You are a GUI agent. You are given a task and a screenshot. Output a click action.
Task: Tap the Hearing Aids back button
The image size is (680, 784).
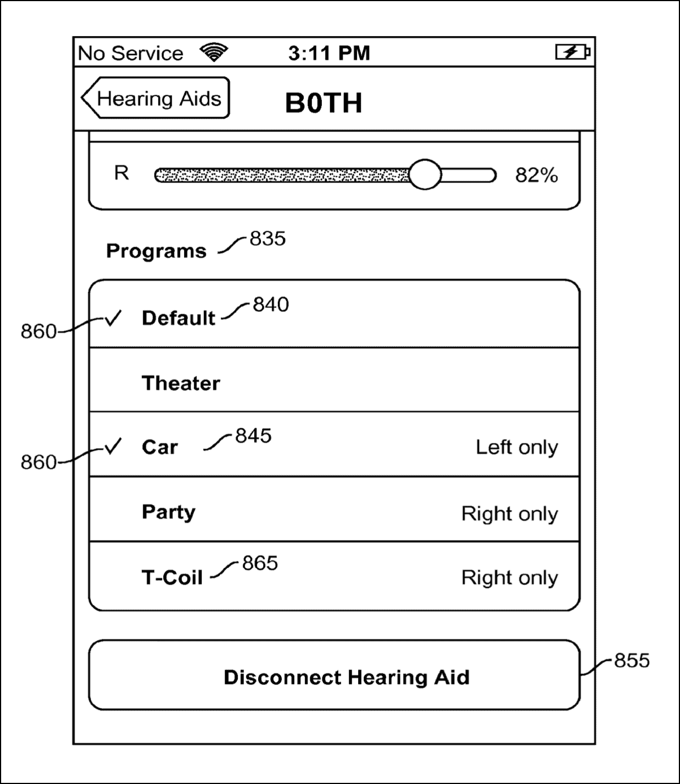tap(156, 98)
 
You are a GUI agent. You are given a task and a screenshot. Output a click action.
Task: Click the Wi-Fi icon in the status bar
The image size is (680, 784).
tap(213, 52)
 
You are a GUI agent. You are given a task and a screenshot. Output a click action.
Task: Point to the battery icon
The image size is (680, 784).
tap(572, 53)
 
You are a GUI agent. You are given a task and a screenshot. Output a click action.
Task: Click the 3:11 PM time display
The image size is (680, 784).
tap(329, 53)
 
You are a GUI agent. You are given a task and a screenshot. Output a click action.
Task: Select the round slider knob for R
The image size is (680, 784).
tap(424, 175)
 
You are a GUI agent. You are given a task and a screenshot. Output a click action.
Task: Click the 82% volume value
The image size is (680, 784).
tap(536, 176)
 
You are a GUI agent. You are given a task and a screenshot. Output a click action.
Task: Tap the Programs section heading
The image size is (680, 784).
tap(156, 251)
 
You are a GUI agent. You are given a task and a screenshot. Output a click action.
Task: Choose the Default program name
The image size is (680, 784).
tap(178, 318)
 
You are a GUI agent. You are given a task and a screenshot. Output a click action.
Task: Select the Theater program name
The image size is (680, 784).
tap(181, 383)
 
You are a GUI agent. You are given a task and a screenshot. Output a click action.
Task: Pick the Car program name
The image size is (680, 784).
tap(160, 447)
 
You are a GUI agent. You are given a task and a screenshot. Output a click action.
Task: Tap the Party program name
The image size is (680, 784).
tap(168, 512)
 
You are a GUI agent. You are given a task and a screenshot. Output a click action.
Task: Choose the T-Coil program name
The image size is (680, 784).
tap(172, 577)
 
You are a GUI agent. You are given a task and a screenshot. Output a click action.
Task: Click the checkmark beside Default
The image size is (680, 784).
tap(113, 319)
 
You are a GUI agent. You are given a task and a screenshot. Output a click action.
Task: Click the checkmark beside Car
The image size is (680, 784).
tap(113, 447)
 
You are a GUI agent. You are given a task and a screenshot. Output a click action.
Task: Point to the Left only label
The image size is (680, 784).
tap(516, 447)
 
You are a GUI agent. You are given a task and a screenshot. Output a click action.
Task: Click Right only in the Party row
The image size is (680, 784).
tap(509, 513)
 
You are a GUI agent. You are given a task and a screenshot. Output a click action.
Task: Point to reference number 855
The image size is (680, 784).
tap(632, 660)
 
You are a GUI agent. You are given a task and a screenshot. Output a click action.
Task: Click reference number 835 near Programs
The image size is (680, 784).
tap(267, 238)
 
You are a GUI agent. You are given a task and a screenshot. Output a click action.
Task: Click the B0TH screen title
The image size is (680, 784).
tap(324, 103)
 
